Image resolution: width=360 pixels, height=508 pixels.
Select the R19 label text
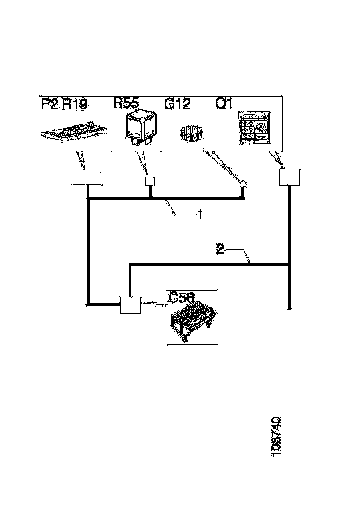[75, 104]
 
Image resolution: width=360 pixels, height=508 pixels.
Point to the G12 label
[178, 103]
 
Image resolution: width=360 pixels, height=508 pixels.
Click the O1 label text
[224, 103]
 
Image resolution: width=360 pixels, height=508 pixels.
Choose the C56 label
[182, 297]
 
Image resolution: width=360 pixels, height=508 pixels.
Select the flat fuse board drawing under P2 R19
[73, 132]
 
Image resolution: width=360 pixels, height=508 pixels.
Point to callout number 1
[201, 214]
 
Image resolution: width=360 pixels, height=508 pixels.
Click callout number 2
[220, 249]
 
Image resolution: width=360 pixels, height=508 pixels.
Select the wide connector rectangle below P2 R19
[86, 179]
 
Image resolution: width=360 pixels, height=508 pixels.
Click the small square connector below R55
[150, 181]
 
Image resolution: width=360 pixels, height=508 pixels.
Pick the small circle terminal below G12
[243, 184]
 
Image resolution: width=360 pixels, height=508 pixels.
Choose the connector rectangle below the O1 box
[290, 177]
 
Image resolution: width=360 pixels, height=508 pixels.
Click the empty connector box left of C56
[130, 305]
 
